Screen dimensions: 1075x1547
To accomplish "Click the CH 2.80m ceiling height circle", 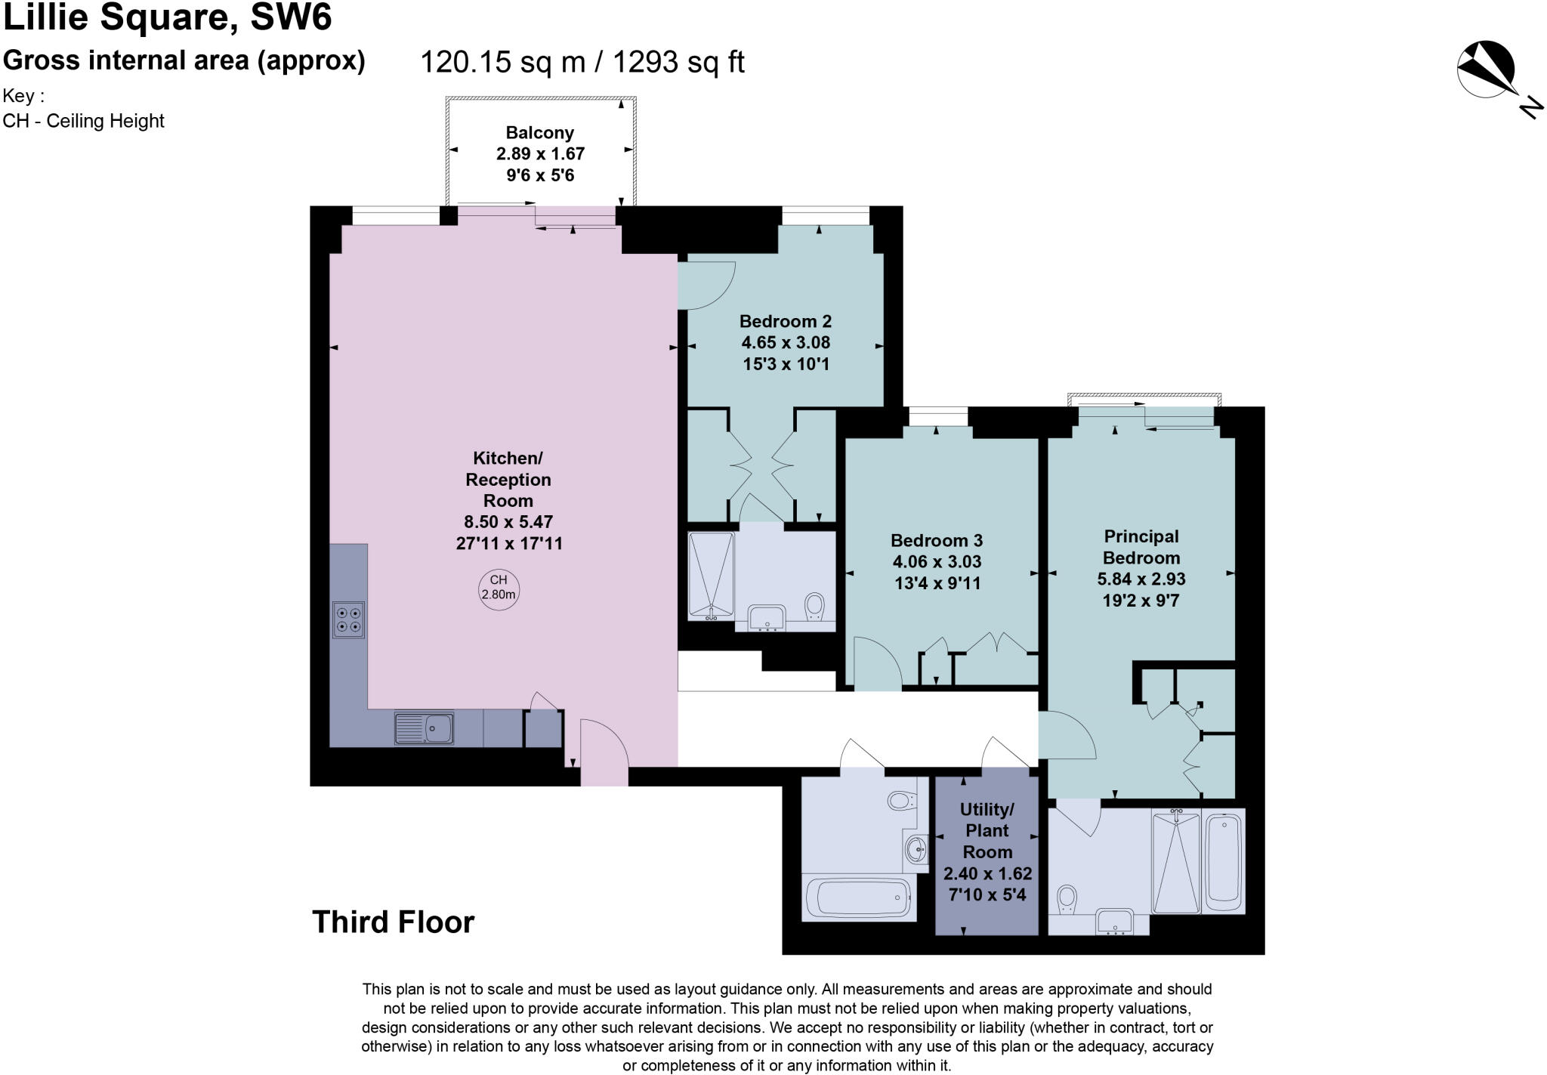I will click(499, 587).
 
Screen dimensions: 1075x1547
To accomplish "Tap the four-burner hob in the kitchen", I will click(348, 619).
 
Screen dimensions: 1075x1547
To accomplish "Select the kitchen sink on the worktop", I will click(424, 728).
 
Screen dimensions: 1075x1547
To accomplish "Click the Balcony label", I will click(539, 133).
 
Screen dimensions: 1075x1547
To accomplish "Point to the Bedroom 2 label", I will click(786, 321).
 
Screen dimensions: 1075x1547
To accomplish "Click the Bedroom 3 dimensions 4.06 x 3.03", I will click(937, 561).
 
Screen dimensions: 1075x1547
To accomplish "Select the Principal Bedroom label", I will click(1141, 547).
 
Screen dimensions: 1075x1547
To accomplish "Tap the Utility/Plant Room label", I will click(987, 830).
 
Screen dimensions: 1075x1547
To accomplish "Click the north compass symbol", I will click(1486, 70).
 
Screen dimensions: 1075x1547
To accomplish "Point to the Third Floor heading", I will click(393, 922).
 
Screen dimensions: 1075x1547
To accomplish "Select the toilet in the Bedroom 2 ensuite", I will click(814, 605).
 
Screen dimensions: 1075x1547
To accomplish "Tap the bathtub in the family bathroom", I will click(858, 898).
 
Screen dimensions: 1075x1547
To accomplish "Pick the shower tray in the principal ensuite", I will click(1175, 861).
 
